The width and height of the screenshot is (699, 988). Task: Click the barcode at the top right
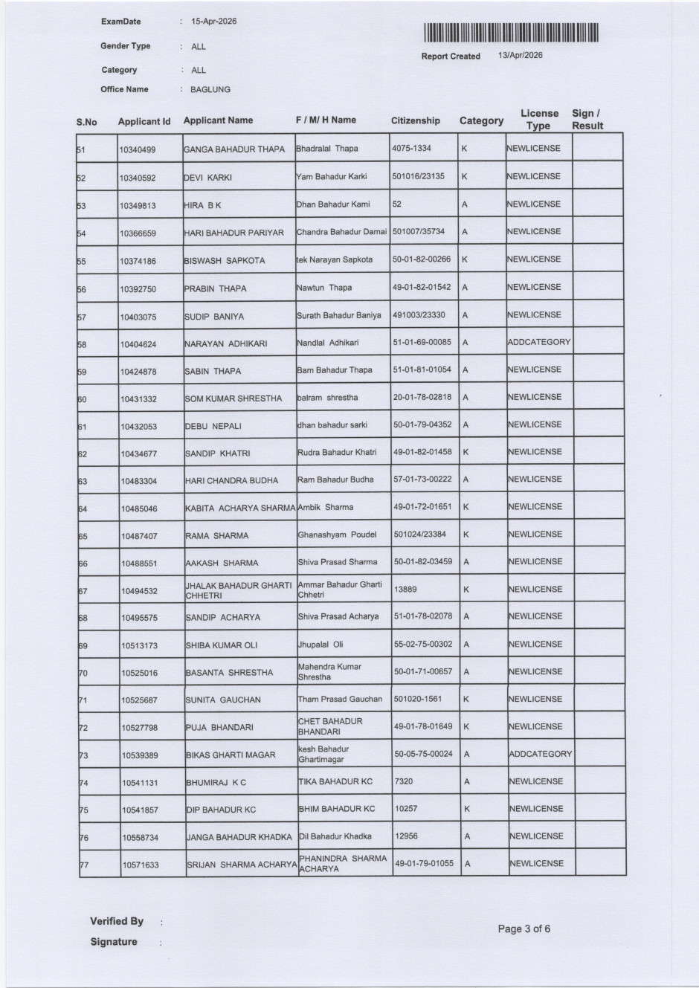(x=511, y=33)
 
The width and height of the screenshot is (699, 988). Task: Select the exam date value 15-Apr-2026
(x=214, y=22)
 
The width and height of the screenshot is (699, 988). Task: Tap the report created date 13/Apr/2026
(x=521, y=56)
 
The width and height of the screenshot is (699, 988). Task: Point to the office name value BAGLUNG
(x=210, y=89)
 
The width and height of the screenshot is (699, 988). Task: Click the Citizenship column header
(x=416, y=120)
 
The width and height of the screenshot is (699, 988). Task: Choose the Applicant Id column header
(x=144, y=121)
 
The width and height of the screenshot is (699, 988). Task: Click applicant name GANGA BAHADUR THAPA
(x=234, y=149)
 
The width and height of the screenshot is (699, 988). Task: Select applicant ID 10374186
(x=138, y=261)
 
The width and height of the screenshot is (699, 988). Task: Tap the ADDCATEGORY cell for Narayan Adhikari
(x=539, y=342)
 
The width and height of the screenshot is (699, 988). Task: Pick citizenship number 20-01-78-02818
(x=422, y=397)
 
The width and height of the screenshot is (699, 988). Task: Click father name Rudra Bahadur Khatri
(x=337, y=452)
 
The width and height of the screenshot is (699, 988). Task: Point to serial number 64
(x=83, y=509)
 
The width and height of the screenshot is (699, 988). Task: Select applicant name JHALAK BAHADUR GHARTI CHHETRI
(x=238, y=590)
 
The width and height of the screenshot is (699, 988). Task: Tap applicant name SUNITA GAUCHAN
(x=223, y=700)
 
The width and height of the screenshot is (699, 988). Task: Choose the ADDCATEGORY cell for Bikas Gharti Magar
(x=541, y=754)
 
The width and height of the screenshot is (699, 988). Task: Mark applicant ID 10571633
(x=141, y=865)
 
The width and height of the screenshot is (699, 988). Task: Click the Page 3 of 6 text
(x=524, y=929)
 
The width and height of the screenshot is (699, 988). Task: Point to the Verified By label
(x=117, y=921)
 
